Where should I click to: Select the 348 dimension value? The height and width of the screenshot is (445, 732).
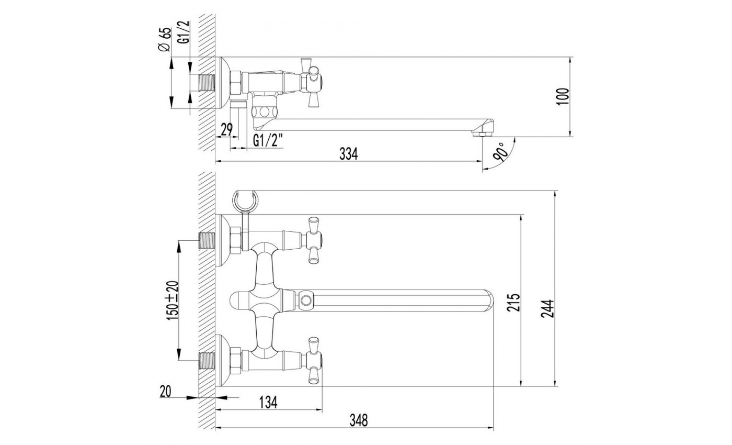coord(358,420)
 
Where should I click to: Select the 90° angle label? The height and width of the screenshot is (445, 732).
coord(500,152)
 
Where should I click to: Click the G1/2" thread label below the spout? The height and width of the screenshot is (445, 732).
coord(268,140)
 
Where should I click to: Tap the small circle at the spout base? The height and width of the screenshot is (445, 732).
coord(305,301)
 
